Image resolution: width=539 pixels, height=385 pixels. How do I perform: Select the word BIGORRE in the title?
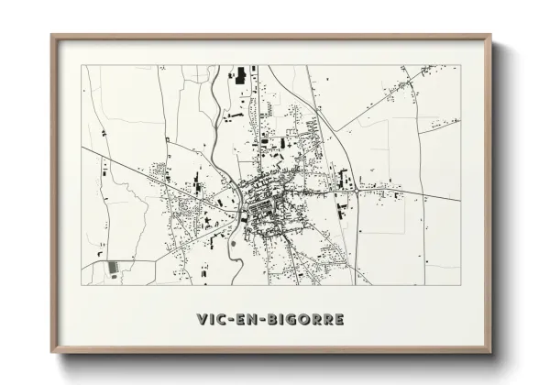click(x=305, y=319)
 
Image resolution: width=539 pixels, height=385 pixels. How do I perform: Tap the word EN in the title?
click(x=247, y=319)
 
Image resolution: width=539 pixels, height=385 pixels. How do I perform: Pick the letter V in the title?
click(x=202, y=319)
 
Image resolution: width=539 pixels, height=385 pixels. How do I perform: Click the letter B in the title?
click(x=271, y=319)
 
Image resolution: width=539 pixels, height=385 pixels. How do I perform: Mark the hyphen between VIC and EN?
click(x=229, y=320)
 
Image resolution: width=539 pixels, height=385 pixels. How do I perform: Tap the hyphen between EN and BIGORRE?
click(x=262, y=320)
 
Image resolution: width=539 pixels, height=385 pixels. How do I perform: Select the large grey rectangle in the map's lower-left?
click(x=113, y=267)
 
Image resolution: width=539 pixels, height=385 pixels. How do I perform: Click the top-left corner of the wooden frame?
click(x=52, y=35)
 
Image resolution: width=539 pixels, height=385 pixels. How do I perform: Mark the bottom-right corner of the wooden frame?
click(x=492, y=351)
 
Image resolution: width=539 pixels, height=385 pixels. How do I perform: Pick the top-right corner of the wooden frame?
click(x=492, y=35)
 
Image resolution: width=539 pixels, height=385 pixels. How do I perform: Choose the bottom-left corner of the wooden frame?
click(x=52, y=351)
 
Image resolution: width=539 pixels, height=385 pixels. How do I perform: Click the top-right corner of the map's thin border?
click(x=460, y=66)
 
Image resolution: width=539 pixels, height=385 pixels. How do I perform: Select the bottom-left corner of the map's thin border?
click(x=82, y=285)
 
